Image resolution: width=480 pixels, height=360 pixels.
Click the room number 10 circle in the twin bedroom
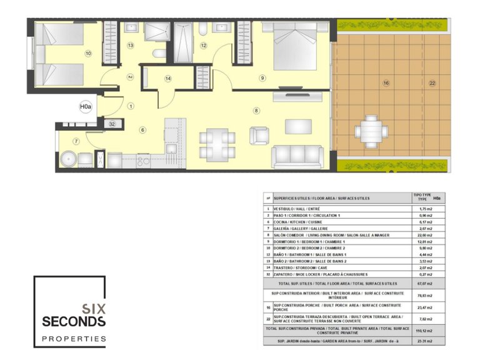coord(88,54)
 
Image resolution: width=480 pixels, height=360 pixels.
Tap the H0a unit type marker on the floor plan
coord(86,107)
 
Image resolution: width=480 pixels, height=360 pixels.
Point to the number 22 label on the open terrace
coord(432,83)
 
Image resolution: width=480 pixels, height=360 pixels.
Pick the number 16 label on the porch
coord(386,83)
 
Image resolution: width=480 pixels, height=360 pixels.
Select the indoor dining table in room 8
coord(217,144)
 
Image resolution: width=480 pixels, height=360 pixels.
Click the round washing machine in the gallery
coord(67,159)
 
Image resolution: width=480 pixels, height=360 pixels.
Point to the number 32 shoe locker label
coord(112,124)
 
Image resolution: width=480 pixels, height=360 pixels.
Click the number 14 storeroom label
coord(167,79)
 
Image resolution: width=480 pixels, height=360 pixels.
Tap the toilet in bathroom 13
coord(160,54)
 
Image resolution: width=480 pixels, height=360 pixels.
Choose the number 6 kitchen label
coord(142,130)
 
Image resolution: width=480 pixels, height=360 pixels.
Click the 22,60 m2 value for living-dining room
coord(425,234)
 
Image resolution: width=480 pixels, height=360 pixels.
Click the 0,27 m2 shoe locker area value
coord(425,274)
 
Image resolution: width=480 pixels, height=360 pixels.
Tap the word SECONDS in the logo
coord(73,321)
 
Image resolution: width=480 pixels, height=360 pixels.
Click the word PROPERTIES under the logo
coord(73,339)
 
